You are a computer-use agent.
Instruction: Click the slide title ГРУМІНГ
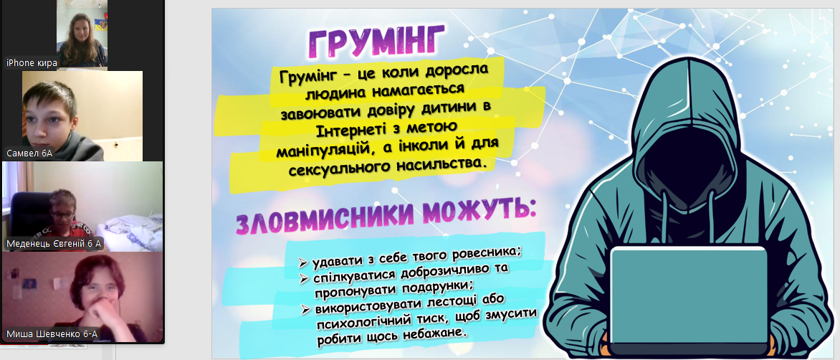coord(376,42)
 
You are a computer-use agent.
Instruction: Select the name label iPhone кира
coord(32,62)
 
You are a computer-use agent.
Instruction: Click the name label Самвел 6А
coord(29,153)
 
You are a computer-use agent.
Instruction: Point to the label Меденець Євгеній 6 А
coord(54,245)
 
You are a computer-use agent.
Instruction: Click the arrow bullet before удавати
coord(303,263)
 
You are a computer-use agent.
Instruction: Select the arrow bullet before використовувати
coord(306,309)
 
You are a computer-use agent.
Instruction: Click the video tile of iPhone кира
coord(82,34)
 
